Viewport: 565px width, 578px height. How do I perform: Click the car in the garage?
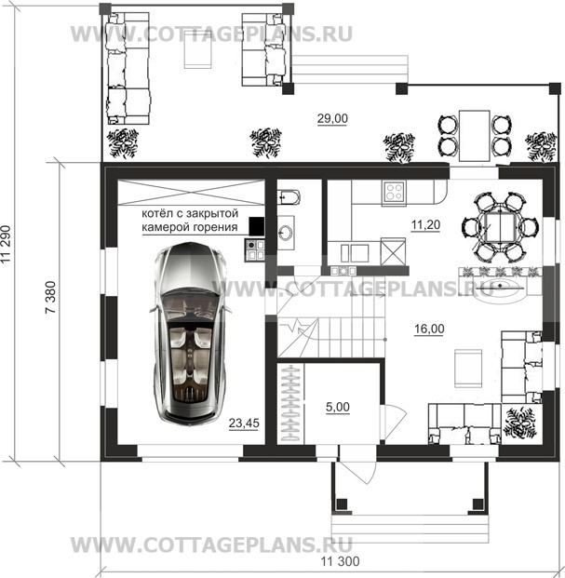click(190, 333)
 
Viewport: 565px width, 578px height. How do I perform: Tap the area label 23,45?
click(244, 423)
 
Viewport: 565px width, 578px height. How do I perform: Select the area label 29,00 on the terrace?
click(332, 118)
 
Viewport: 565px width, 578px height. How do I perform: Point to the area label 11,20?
click(425, 224)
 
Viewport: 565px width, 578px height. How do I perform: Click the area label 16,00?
click(429, 329)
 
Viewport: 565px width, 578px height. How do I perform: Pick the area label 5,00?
click(338, 407)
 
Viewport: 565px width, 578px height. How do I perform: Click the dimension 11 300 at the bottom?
click(340, 561)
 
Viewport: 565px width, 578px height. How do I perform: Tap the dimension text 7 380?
click(50, 297)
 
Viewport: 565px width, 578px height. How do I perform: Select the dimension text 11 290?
click(7, 244)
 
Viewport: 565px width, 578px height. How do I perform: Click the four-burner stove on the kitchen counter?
click(394, 192)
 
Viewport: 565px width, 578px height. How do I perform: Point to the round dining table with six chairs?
click(500, 227)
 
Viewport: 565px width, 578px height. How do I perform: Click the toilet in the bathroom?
click(289, 196)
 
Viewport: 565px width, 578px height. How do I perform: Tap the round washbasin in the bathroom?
click(286, 233)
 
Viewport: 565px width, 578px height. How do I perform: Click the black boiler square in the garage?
click(257, 226)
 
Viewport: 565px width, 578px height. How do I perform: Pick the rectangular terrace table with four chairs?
click(475, 136)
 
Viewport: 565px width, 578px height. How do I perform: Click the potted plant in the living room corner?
click(521, 423)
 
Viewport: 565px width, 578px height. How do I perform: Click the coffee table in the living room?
click(467, 369)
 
